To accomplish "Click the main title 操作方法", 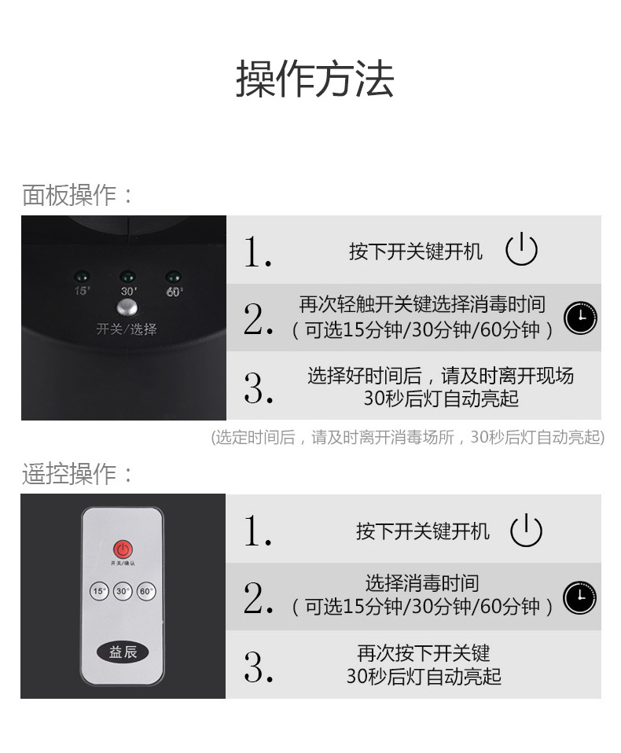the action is (314, 79).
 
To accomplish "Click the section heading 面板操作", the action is (69, 195).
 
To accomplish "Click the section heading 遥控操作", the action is (69, 474).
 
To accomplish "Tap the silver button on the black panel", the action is (127, 308).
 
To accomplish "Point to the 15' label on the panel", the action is (82, 291).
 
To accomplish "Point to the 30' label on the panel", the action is (128, 291).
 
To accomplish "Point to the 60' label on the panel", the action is (175, 292).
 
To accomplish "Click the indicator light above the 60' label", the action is (173, 277).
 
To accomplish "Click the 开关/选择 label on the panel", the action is (127, 329).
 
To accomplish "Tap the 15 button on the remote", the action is (99, 591).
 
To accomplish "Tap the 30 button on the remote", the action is (123, 591).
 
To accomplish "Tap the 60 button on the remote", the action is (146, 591).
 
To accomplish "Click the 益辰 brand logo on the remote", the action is (123, 652).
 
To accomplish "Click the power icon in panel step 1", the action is (521, 249).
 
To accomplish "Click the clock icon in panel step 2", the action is (580, 318).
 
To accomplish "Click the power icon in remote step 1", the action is (527, 531).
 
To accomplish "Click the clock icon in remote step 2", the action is (579, 597).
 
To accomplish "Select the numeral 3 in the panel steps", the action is (258, 388).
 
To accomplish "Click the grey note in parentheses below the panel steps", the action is (408, 437).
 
